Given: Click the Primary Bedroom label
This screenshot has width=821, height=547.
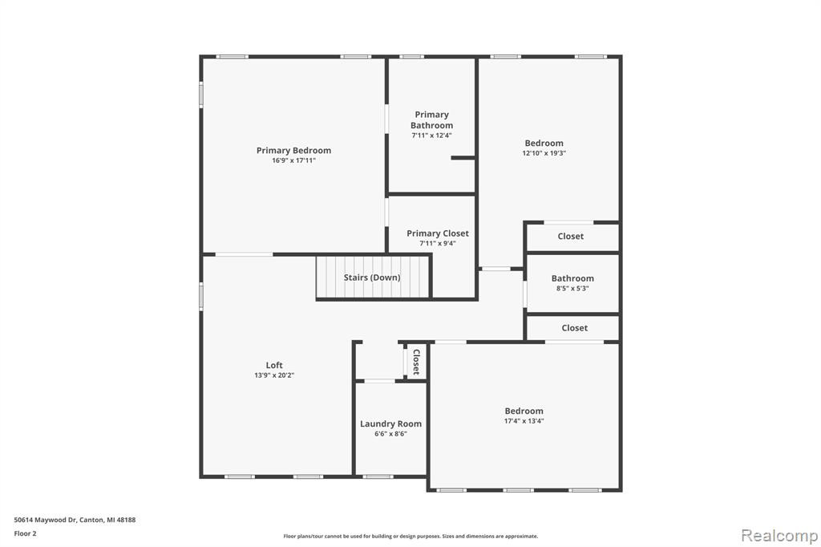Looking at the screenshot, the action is click(293, 150).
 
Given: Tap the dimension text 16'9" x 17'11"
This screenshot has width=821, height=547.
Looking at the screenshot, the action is click(293, 160).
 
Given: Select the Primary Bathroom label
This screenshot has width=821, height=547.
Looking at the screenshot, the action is click(432, 120).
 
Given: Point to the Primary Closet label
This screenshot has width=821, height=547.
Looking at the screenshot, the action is click(438, 233).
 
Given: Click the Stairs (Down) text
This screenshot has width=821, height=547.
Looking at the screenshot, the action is click(372, 278).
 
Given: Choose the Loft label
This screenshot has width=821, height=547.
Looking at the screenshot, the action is click(274, 365).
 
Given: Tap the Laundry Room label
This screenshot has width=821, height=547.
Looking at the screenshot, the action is click(390, 423).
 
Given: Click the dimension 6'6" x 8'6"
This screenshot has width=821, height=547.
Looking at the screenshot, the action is click(390, 434).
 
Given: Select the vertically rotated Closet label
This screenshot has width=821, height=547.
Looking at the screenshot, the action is click(416, 362).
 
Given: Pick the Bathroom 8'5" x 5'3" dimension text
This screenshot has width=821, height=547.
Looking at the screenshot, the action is click(572, 288).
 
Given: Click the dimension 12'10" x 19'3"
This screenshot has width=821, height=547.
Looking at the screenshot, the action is click(544, 153).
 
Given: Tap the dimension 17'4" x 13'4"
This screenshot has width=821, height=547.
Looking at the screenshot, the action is click(524, 421).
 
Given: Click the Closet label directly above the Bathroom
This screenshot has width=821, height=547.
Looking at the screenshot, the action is click(571, 237).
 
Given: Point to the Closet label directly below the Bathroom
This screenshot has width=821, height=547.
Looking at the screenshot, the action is click(574, 328).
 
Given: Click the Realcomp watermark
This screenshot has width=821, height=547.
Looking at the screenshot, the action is click(779, 536).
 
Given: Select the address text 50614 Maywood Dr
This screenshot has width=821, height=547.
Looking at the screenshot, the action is click(45, 520).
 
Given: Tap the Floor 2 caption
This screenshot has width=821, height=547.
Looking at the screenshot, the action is click(25, 533).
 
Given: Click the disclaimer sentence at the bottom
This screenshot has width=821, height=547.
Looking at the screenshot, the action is click(410, 536).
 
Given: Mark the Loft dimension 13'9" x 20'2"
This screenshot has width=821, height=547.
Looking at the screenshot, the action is click(274, 375).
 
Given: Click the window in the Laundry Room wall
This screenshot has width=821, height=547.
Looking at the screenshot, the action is click(378, 476).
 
